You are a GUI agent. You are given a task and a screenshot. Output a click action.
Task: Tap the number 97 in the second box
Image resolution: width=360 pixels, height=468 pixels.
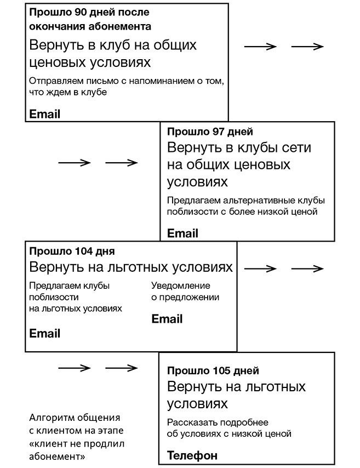(218, 132)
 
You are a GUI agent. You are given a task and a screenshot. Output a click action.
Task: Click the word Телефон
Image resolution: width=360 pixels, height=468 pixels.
(192, 455)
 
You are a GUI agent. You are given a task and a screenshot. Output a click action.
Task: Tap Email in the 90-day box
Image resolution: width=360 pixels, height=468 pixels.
(45, 114)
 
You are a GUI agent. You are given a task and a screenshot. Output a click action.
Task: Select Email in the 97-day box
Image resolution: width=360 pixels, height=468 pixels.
(182, 233)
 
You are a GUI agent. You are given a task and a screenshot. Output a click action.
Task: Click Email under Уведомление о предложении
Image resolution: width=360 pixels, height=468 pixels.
(167, 319)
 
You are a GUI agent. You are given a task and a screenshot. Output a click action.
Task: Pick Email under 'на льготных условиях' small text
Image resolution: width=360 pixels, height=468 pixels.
(45, 333)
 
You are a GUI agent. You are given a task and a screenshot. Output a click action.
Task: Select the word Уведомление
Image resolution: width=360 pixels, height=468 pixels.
(181, 286)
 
